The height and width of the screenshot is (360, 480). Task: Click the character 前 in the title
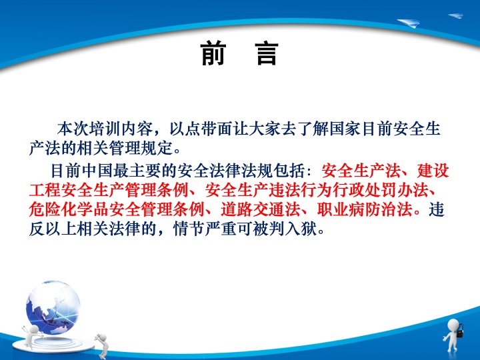point(214,54)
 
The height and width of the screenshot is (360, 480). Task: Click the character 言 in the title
point(267,54)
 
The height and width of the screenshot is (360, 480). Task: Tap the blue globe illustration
point(53,307)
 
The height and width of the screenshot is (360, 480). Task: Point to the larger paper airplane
point(409,23)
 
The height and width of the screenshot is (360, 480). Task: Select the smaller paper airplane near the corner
point(456,15)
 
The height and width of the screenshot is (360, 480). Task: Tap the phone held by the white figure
point(460,331)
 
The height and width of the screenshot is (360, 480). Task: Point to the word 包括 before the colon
point(289,171)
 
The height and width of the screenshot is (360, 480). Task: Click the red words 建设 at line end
point(433,171)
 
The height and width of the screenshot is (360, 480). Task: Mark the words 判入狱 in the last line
point(293,229)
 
